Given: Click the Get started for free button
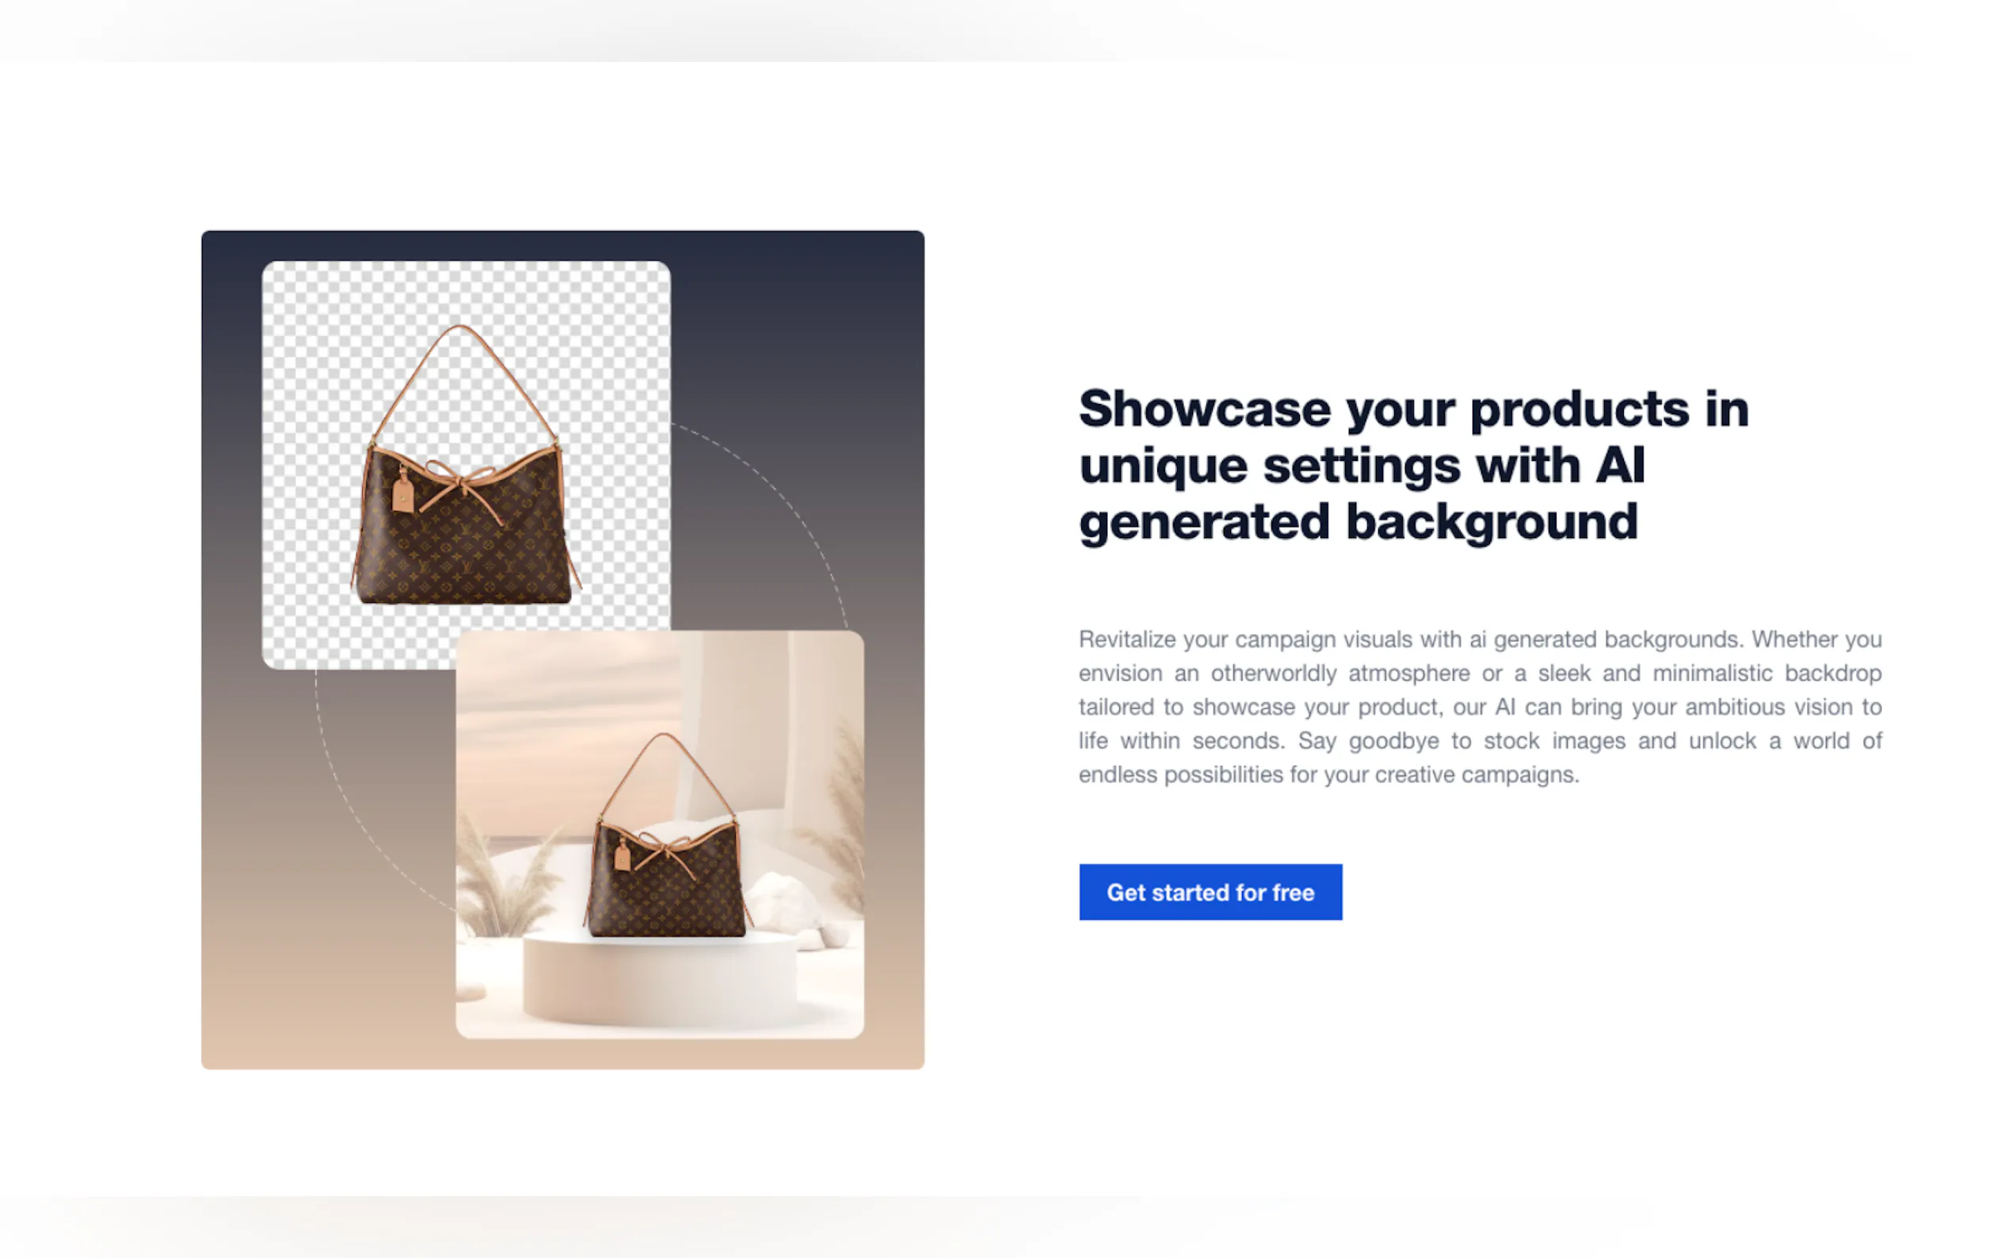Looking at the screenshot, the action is [x=1210, y=892].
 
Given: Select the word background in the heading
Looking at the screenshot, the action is [x=1492, y=523].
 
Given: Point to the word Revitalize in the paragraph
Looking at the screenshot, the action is [x=1127, y=639].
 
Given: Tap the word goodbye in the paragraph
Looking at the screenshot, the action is [x=1394, y=741].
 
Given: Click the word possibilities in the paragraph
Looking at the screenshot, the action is [x=1224, y=775].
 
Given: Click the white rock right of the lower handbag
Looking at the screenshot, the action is [x=783, y=903].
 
